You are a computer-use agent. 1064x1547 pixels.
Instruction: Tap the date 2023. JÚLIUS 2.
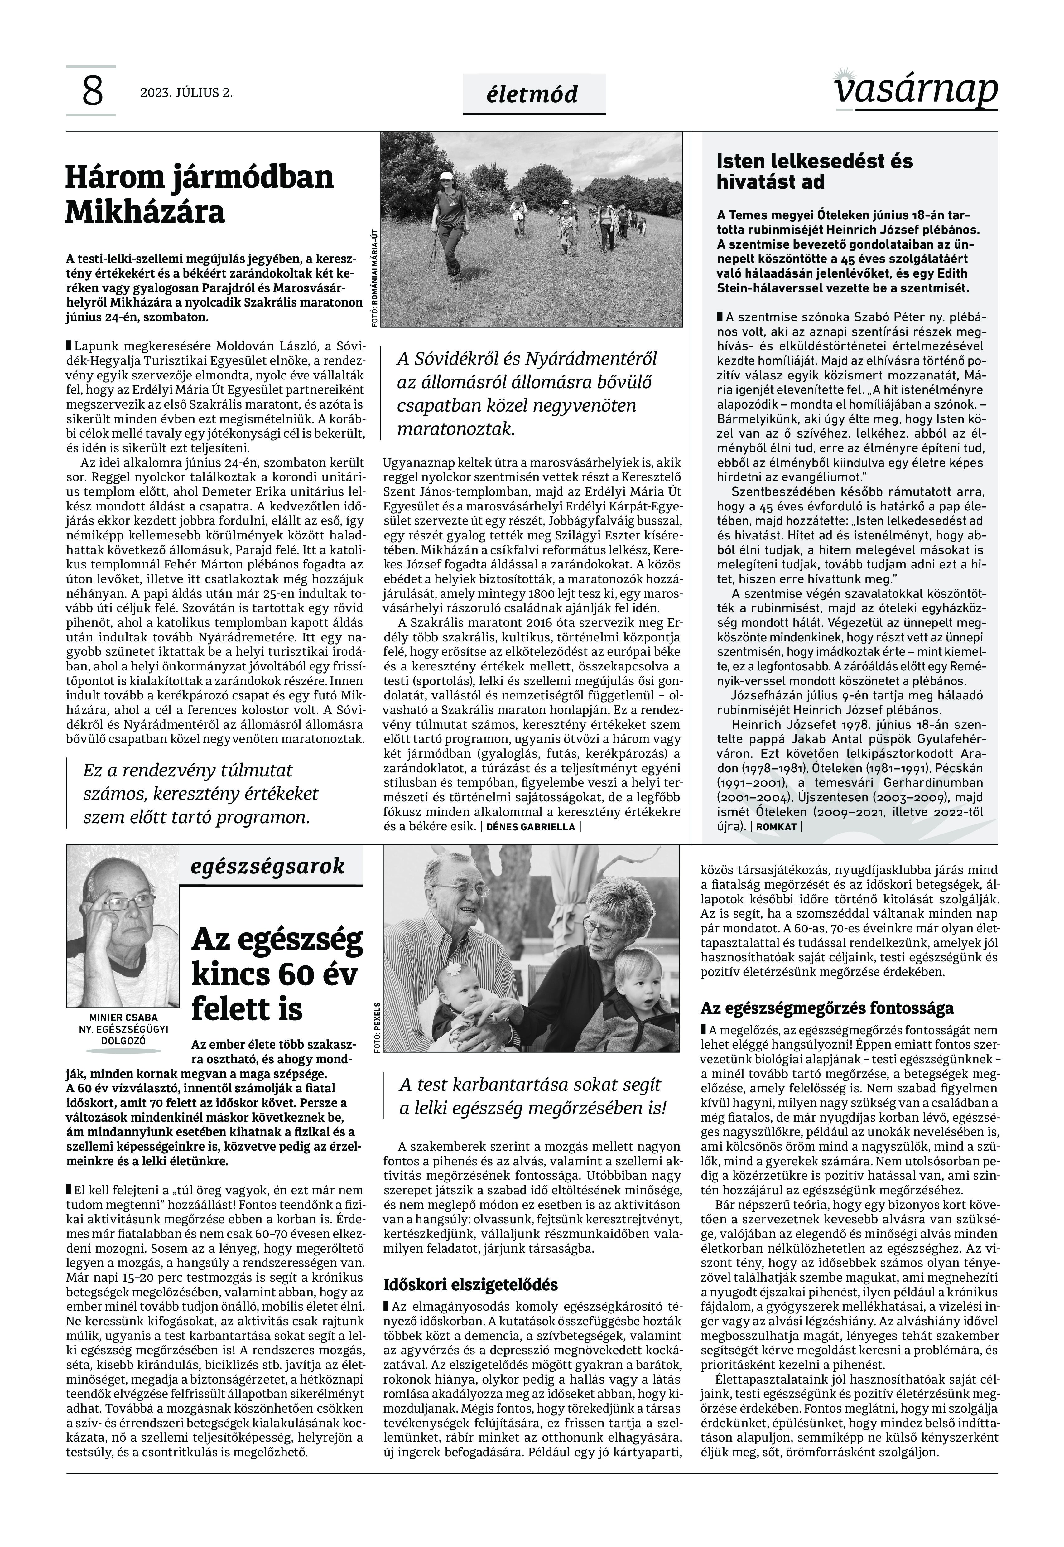tap(186, 93)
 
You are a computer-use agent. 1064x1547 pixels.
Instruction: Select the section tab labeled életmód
tap(533, 94)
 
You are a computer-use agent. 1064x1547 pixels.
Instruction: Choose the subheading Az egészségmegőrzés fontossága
tap(827, 1008)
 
